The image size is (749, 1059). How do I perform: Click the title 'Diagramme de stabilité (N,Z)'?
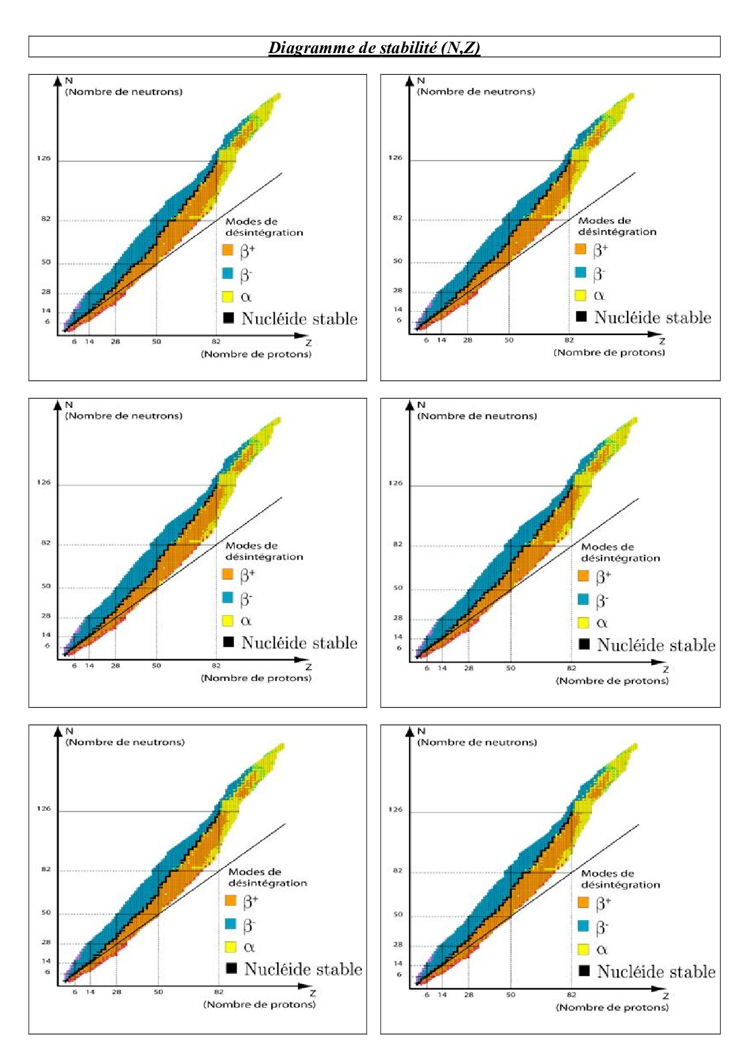pyautogui.click(x=374, y=48)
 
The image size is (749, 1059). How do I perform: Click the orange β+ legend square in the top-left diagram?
pyautogui.click(x=228, y=250)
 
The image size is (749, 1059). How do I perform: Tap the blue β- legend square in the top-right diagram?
pyautogui.click(x=580, y=272)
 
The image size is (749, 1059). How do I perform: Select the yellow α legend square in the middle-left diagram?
pyautogui.click(x=228, y=620)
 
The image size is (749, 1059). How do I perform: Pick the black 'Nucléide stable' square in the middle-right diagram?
pyautogui.click(x=584, y=644)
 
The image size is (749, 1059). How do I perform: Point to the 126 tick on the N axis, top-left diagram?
pyautogui.click(x=44, y=159)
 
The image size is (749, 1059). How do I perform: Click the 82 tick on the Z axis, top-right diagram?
pyautogui.click(x=569, y=341)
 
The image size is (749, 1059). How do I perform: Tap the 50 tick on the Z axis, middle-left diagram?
pyautogui.click(x=156, y=666)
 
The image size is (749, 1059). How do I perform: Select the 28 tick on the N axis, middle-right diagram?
pyautogui.click(x=398, y=618)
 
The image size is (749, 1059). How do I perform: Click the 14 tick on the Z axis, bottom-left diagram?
pyautogui.click(x=90, y=992)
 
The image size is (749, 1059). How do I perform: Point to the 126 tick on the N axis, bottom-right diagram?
pyautogui.click(x=396, y=810)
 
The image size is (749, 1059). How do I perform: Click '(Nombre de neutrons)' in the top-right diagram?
pyautogui.click(x=476, y=92)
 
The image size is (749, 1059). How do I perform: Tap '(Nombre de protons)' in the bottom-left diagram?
pyautogui.click(x=260, y=1005)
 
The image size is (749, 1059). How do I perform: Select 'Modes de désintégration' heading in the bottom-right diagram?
pyautogui.click(x=620, y=879)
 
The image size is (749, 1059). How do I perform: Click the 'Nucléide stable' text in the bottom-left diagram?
pyautogui.click(x=303, y=969)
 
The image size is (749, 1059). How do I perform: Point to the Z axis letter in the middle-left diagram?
pyautogui.click(x=309, y=667)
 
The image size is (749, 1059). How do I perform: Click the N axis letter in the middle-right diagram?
pyautogui.click(x=421, y=405)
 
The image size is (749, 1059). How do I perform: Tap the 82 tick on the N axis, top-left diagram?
pyautogui.click(x=46, y=219)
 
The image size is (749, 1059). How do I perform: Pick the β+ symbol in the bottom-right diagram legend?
pyautogui.click(x=602, y=903)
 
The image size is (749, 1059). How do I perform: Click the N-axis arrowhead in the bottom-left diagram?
pyautogui.click(x=58, y=731)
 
